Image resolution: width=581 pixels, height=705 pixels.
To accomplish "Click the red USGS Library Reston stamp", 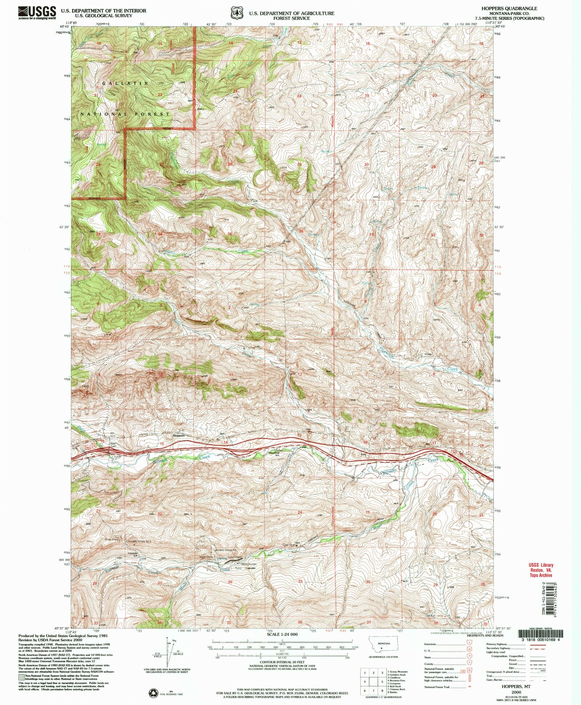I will coord(541,570).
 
